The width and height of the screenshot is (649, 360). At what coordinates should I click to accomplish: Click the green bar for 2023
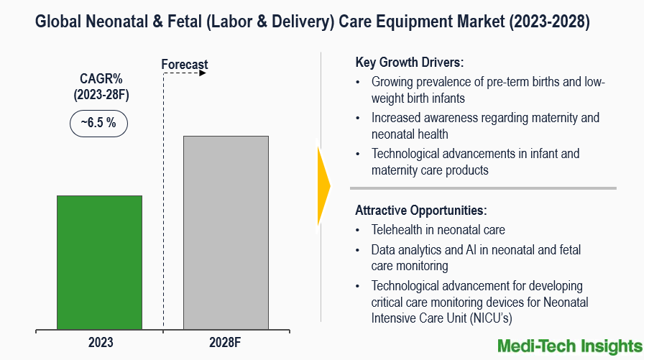(x=99, y=262)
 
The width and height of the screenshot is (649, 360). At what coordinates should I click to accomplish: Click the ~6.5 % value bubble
(x=98, y=123)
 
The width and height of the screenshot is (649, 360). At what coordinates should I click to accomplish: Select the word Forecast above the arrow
(x=185, y=65)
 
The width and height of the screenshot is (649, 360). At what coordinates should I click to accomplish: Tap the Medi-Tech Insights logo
(x=570, y=346)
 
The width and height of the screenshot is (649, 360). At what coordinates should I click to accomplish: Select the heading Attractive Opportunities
(x=421, y=211)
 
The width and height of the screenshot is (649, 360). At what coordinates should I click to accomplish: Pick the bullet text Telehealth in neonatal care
(x=438, y=230)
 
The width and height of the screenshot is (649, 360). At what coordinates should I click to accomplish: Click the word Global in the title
(x=59, y=23)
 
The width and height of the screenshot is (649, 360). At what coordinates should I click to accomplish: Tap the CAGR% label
(x=101, y=79)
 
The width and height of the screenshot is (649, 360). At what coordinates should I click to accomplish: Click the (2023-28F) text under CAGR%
(x=101, y=94)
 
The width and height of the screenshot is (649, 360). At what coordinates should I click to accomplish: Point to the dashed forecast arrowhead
(x=203, y=73)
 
